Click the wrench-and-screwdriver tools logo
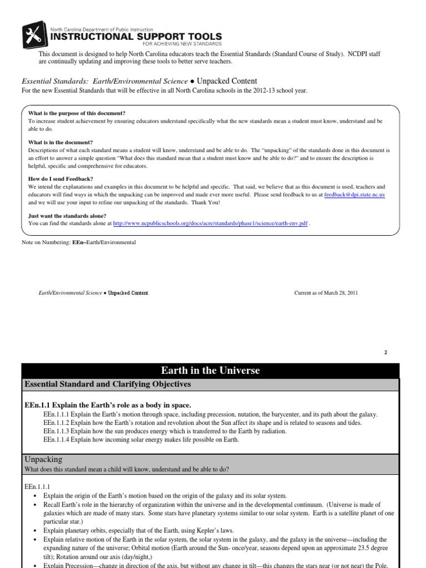(x=34, y=36)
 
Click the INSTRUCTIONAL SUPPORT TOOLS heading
(x=136, y=37)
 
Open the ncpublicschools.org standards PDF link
(x=210, y=223)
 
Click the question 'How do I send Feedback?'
(x=60, y=179)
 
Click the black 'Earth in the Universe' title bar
(x=210, y=371)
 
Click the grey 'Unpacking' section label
(x=44, y=459)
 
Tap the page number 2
(x=385, y=352)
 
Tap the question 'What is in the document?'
(x=60, y=142)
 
